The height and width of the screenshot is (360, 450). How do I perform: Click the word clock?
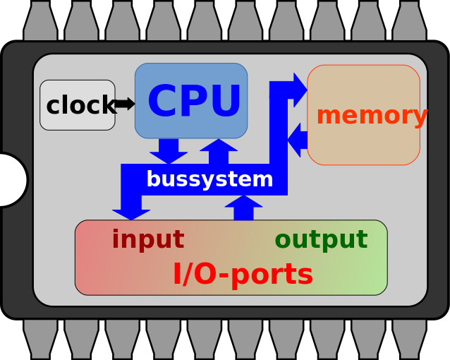(x=79, y=106)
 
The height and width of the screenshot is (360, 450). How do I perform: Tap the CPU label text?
(x=194, y=102)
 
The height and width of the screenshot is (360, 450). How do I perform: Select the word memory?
(x=371, y=116)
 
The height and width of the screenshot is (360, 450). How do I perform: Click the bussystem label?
(x=209, y=180)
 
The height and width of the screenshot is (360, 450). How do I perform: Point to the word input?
(x=147, y=240)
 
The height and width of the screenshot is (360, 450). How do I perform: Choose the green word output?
(x=321, y=240)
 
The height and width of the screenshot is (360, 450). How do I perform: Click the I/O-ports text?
(x=243, y=275)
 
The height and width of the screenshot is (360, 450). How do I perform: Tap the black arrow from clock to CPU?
(x=125, y=104)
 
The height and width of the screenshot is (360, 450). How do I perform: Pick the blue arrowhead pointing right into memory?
(x=299, y=90)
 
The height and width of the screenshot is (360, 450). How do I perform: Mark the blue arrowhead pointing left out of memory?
(x=296, y=140)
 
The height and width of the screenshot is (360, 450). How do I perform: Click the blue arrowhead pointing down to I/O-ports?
(x=131, y=212)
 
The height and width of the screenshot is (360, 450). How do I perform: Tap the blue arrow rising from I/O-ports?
(x=243, y=208)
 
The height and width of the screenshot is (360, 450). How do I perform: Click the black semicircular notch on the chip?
(x=13, y=180)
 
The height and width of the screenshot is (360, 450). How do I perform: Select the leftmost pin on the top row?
(x=40, y=21)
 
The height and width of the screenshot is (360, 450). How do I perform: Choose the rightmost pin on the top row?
(x=409, y=21)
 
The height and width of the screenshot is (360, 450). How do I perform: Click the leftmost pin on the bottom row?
(x=40, y=338)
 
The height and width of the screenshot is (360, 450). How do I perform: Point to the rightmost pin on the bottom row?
(x=409, y=338)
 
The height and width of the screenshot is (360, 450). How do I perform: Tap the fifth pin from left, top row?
(x=204, y=21)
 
